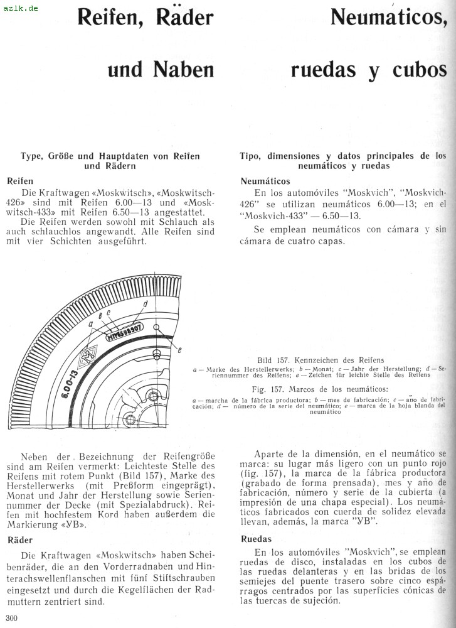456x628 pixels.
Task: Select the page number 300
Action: tap(11, 618)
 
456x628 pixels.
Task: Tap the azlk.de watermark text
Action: tap(20, 8)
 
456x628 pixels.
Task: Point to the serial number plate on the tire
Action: tap(125, 332)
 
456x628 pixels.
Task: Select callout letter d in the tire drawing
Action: tap(145, 304)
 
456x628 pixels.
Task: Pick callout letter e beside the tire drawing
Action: tap(179, 349)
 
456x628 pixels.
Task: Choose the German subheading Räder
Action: tap(21, 539)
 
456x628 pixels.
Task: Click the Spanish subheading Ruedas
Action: tap(257, 539)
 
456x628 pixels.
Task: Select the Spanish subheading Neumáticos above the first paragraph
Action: tap(265, 181)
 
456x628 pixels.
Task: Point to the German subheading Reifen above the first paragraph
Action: tap(20, 181)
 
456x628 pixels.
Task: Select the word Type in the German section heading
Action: tap(32, 156)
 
